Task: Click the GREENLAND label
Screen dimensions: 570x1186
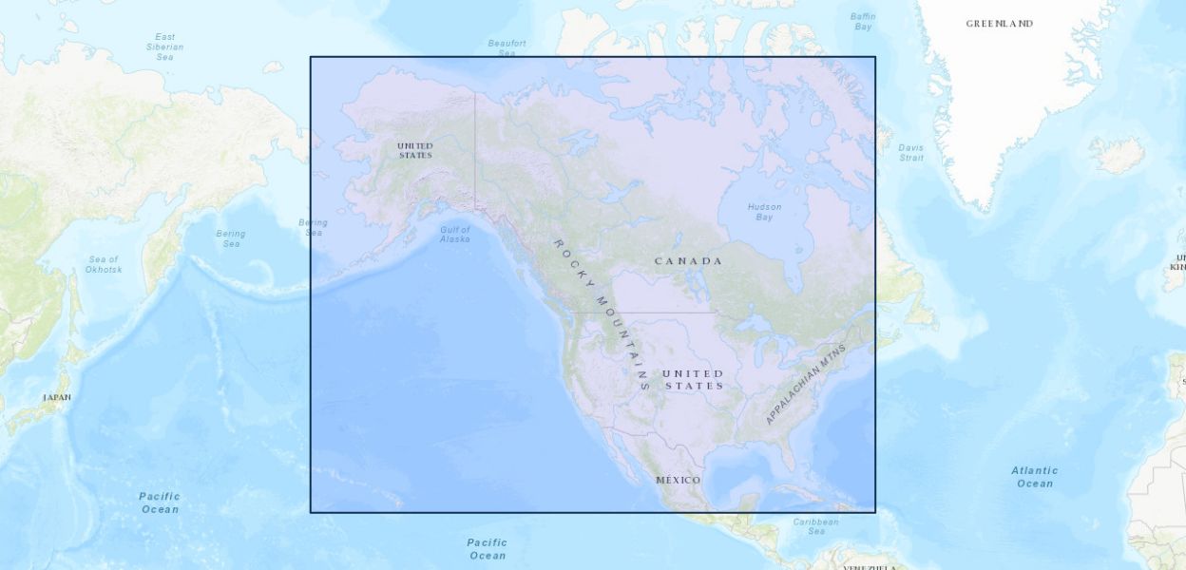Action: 999,24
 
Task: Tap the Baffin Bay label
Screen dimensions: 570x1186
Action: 863,21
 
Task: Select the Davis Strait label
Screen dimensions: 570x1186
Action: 910,152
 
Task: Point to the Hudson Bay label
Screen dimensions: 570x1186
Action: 764,212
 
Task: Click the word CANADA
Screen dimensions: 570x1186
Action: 688,261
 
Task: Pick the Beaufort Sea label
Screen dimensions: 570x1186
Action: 507,47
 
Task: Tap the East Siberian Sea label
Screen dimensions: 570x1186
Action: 165,47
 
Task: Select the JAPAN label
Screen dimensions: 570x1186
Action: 57,397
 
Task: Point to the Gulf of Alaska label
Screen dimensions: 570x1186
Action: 454,234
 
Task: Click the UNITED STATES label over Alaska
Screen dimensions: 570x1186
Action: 415,150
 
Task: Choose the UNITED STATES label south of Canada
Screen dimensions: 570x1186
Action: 693,379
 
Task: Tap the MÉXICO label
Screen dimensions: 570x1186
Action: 679,481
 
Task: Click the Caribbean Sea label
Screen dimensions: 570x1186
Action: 816,526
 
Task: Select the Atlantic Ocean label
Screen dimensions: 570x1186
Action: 1034,477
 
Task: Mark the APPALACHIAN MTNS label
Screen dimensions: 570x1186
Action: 804,383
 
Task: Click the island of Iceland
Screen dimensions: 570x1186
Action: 1117,153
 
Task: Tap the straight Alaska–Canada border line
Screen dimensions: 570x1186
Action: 475,142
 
